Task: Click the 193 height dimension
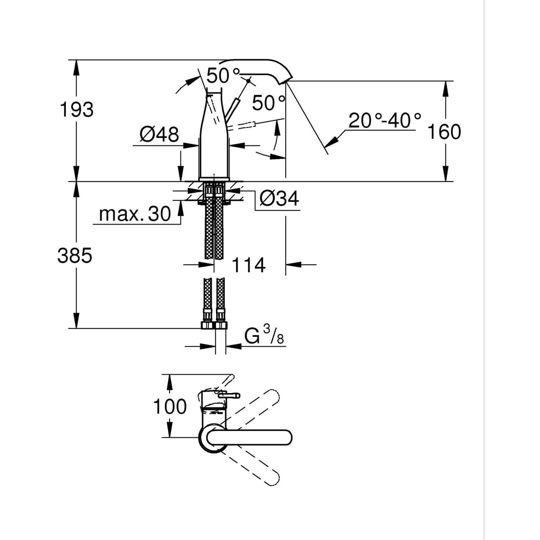tap(76, 110)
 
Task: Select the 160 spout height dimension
tap(444, 131)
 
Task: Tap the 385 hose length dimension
tap(75, 256)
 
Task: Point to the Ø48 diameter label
tap(159, 134)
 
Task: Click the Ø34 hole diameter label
tap(279, 199)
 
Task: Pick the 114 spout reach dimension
tap(248, 265)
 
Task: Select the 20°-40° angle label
tap(384, 120)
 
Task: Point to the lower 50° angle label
tap(268, 102)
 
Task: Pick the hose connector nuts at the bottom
tap(214, 325)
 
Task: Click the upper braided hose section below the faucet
tap(214, 227)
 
